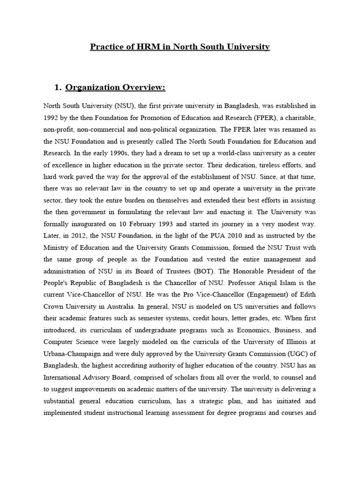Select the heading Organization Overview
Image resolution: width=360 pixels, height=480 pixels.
point(115,88)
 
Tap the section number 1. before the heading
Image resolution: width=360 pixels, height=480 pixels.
point(58,88)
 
